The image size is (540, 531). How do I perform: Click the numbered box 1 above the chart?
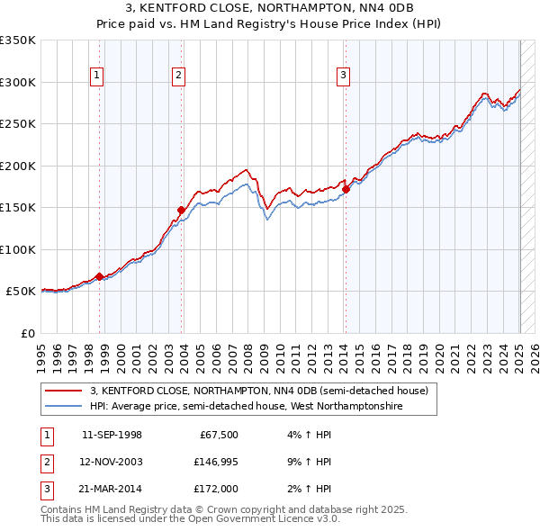coord(96,76)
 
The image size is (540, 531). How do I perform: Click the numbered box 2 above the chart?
coord(178,76)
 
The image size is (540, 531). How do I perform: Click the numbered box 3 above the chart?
coord(343,76)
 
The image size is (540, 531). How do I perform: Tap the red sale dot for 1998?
coord(99,276)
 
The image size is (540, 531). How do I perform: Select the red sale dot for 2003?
coord(181,210)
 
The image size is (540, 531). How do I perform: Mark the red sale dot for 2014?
coord(346,189)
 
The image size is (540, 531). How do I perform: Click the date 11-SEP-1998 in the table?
coord(112,435)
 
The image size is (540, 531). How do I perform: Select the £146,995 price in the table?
coord(215,462)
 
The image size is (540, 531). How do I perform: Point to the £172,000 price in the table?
coord(215,490)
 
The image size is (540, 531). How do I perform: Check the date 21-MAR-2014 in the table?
coord(112,490)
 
